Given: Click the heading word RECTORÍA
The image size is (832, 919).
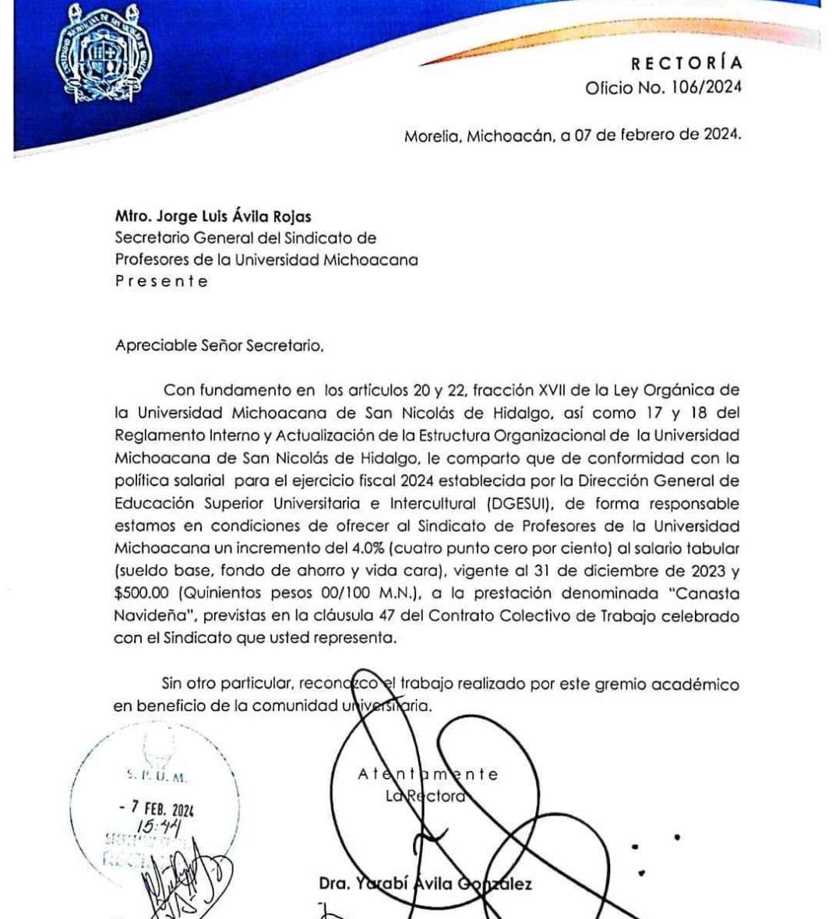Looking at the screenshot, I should [x=686, y=63].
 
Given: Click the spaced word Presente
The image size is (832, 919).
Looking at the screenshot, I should [x=161, y=281].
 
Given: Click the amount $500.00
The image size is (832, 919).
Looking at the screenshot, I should [x=144, y=594].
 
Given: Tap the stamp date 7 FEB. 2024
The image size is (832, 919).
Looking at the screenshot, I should [x=153, y=810].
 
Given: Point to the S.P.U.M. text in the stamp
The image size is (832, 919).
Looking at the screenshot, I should [x=156, y=776].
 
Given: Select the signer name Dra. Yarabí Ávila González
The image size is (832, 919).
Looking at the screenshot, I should [x=425, y=885].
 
